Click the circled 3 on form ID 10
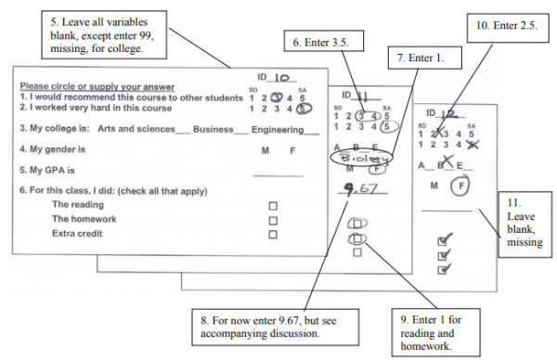277,98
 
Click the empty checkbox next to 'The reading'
272,205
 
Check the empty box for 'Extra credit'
272,235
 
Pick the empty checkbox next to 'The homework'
272,220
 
